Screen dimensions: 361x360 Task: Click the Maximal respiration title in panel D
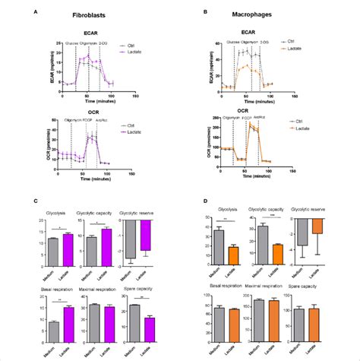[x=267, y=285]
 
